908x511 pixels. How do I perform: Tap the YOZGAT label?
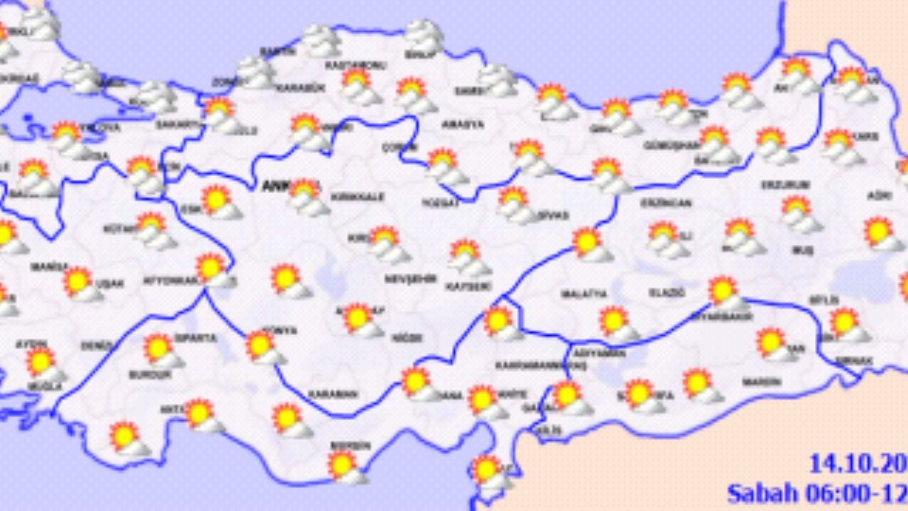click(441, 202)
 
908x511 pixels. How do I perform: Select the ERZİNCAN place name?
click(665, 203)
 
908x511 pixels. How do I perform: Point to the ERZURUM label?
click(785, 185)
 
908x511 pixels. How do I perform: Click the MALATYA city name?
click(584, 293)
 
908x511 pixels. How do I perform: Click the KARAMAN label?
click(333, 394)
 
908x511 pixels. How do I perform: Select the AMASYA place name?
click(463, 124)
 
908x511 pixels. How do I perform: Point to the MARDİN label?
click(761, 382)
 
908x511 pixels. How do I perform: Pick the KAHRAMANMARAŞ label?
click(541, 365)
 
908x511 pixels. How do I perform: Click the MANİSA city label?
click(48, 268)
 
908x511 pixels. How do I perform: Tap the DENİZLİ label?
click(96, 346)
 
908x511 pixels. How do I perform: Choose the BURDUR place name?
click(149, 374)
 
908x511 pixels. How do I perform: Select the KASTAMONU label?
click(345, 65)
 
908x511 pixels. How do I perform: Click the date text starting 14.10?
click(858, 464)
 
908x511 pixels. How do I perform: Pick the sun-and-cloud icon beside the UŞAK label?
click(80, 283)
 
